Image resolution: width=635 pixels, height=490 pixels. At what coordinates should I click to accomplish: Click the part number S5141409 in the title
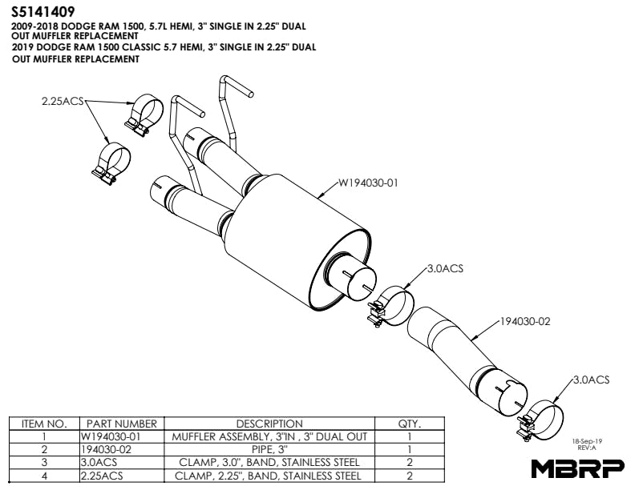43,12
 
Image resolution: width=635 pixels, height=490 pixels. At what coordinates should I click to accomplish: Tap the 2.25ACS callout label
63,101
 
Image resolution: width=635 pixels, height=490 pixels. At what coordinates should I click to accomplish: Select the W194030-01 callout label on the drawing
368,183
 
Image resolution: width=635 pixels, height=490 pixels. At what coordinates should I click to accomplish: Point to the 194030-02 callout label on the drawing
525,321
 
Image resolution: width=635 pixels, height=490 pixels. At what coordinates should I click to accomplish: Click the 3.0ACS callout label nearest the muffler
445,268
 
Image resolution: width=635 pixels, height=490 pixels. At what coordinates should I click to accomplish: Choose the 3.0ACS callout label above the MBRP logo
591,380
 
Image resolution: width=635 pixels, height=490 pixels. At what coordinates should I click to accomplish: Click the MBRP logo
577,469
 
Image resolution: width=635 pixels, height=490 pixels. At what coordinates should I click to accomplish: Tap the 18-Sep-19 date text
587,441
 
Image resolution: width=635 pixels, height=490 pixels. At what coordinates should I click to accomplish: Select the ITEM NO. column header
44,424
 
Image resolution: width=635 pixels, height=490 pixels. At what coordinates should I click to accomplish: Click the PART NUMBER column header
122,424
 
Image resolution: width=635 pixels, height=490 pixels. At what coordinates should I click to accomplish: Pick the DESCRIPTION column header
269,424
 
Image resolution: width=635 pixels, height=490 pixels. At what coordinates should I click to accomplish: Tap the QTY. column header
410,424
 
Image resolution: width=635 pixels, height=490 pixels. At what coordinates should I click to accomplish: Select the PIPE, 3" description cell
269,450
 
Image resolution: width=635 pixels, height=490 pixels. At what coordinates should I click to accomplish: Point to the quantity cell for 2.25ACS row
410,476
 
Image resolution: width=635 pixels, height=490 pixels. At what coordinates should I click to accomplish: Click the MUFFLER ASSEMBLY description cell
269,436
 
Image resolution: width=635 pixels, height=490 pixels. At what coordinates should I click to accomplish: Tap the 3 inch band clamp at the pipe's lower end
540,421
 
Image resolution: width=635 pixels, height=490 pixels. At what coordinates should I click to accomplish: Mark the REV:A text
587,448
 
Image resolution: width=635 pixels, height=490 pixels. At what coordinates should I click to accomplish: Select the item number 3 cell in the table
44,463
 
